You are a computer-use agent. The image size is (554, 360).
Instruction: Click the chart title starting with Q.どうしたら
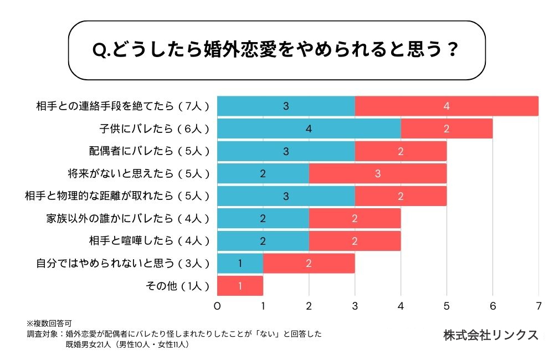pyautogui.click(x=275, y=50)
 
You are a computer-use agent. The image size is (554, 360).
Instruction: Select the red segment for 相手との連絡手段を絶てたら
pyautogui.click(x=447, y=106)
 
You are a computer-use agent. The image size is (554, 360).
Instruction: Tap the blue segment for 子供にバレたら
pyautogui.click(x=309, y=128)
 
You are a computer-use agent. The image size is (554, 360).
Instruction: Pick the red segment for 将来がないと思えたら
pyautogui.click(x=377, y=173)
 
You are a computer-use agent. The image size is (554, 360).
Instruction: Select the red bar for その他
pyautogui.click(x=240, y=286)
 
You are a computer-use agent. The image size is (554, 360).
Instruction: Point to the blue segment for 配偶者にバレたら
pyautogui.click(x=286, y=151)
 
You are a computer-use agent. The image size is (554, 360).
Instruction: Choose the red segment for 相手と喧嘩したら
pyautogui.click(x=355, y=241)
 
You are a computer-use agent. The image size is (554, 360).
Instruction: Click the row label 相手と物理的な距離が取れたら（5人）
pyautogui.click(x=117, y=196)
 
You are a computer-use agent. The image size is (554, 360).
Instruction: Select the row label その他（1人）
pyautogui.click(x=176, y=286)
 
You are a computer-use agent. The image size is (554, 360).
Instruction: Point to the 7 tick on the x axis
pyautogui.click(x=538, y=305)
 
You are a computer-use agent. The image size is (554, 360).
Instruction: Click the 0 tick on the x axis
pyautogui.click(x=217, y=305)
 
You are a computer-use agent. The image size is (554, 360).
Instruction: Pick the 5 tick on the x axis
pyautogui.click(x=447, y=305)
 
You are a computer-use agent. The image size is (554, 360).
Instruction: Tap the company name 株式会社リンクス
pyautogui.click(x=490, y=335)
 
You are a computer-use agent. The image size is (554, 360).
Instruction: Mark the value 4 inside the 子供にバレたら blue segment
pyautogui.click(x=309, y=128)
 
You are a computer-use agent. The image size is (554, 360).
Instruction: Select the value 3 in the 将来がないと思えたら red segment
pyautogui.click(x=377, y=173)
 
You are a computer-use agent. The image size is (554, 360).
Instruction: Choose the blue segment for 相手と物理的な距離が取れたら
pyautogui.click(x=286, y=196)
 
